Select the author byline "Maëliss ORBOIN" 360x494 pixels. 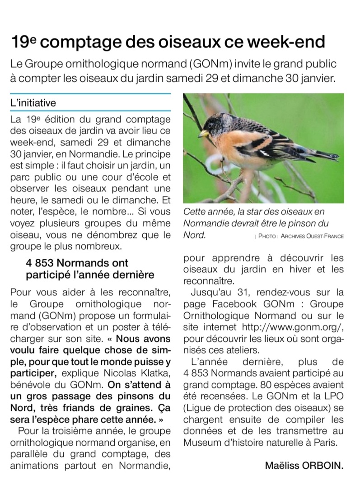304,465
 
